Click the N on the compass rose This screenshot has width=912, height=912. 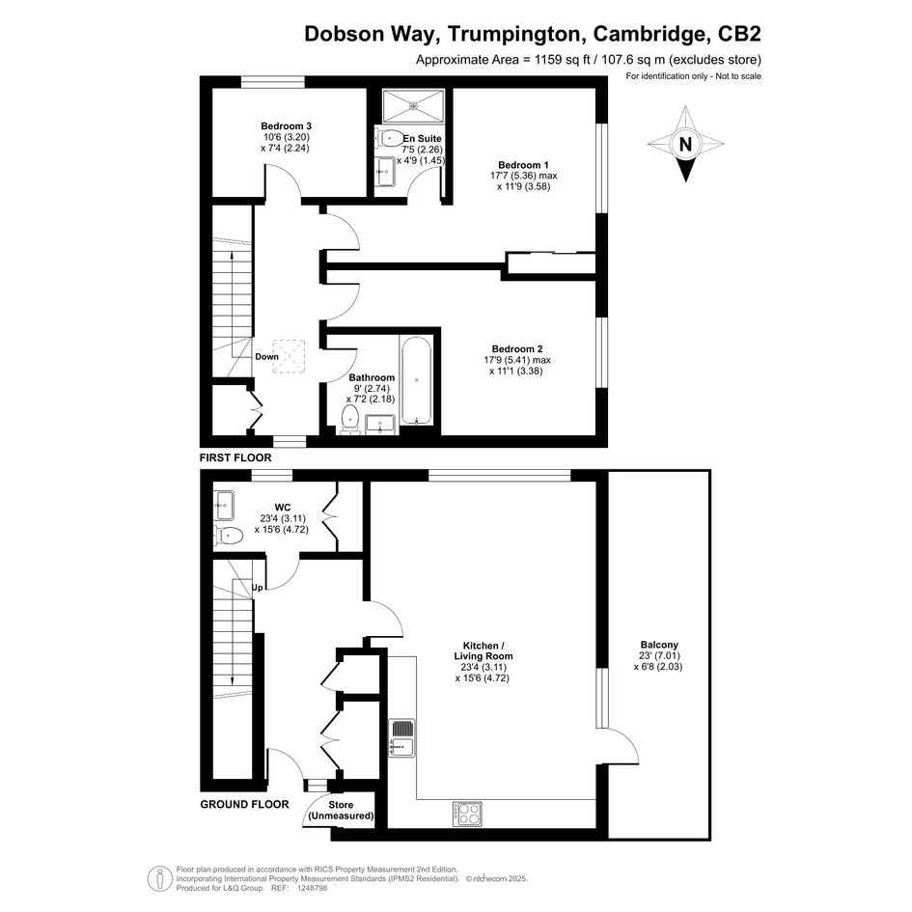[x=685, y=143]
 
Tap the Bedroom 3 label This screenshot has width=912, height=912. [x=287, y=126]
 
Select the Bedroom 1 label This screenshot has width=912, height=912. [x=523, y=165]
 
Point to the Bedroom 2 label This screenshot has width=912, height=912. [x=517, y=349]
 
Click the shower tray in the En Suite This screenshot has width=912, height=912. [x=414, y=106]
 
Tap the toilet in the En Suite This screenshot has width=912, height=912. [x=390, y=138]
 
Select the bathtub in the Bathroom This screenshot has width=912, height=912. [x=416, y=380]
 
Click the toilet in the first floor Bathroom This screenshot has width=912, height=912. [x=349, y=420]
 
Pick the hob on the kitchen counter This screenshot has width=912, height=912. [x=467, y=814]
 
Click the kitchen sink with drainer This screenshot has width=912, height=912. [x=401, y=737]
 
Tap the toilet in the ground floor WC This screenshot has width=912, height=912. [x=228, y=535]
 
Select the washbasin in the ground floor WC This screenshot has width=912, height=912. [x=224, y=506]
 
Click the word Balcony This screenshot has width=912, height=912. [x=659, y=645]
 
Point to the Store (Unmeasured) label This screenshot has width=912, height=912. [x=341, y=811]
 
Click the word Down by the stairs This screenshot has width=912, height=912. [x=267, y=356]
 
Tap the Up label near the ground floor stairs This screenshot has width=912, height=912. [x=258, y=588]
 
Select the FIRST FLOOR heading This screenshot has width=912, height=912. [x=235, y=457]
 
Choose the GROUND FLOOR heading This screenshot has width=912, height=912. [x=244, y=805]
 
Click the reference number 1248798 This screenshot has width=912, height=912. [x=313, y=888]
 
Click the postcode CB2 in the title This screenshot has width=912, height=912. [x=740, y=34]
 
